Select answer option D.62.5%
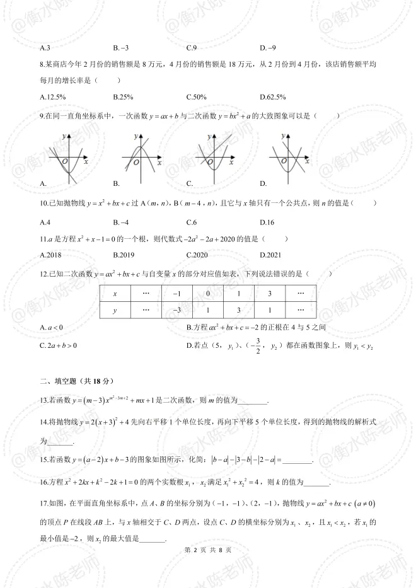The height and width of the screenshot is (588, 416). tap(273, 97)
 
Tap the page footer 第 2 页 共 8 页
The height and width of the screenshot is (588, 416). tap(208, 550)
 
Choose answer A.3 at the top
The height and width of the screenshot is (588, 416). tap(45, 48)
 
